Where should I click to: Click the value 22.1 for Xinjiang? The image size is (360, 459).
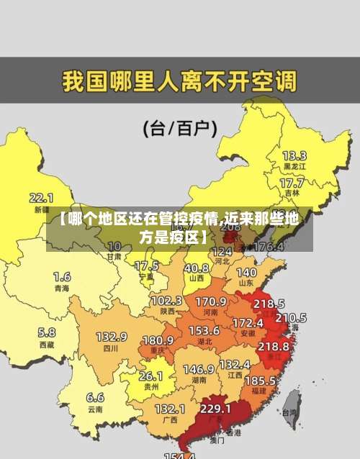coord(41,197)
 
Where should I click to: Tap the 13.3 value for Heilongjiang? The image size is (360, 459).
coord(294,155)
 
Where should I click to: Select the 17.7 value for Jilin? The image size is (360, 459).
coord(292,183)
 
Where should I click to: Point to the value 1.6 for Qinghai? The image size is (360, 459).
coord(62,276)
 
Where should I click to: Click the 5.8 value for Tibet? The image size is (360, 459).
coord(46,332)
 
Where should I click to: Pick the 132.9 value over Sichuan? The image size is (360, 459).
coord(112,336)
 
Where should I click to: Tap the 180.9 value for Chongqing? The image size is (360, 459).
coord(158,340)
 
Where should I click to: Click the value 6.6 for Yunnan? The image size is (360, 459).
coord(95,396)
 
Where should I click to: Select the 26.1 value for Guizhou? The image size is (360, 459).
coord(150,376)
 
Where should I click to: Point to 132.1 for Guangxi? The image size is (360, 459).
coord(170,408)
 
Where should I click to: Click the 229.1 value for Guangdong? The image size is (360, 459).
coord(215,408)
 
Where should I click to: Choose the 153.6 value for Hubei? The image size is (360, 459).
coord(204,330)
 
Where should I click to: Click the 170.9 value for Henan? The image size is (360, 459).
coord(211,301)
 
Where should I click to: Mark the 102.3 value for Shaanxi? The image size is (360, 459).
coord(166,300)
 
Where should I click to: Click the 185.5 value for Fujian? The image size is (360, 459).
coord(260,379)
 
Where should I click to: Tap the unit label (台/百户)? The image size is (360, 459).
coord(180,129)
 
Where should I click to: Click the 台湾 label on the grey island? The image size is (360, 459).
coord(289,413)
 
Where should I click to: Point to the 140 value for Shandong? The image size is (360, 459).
coord(246,273)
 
